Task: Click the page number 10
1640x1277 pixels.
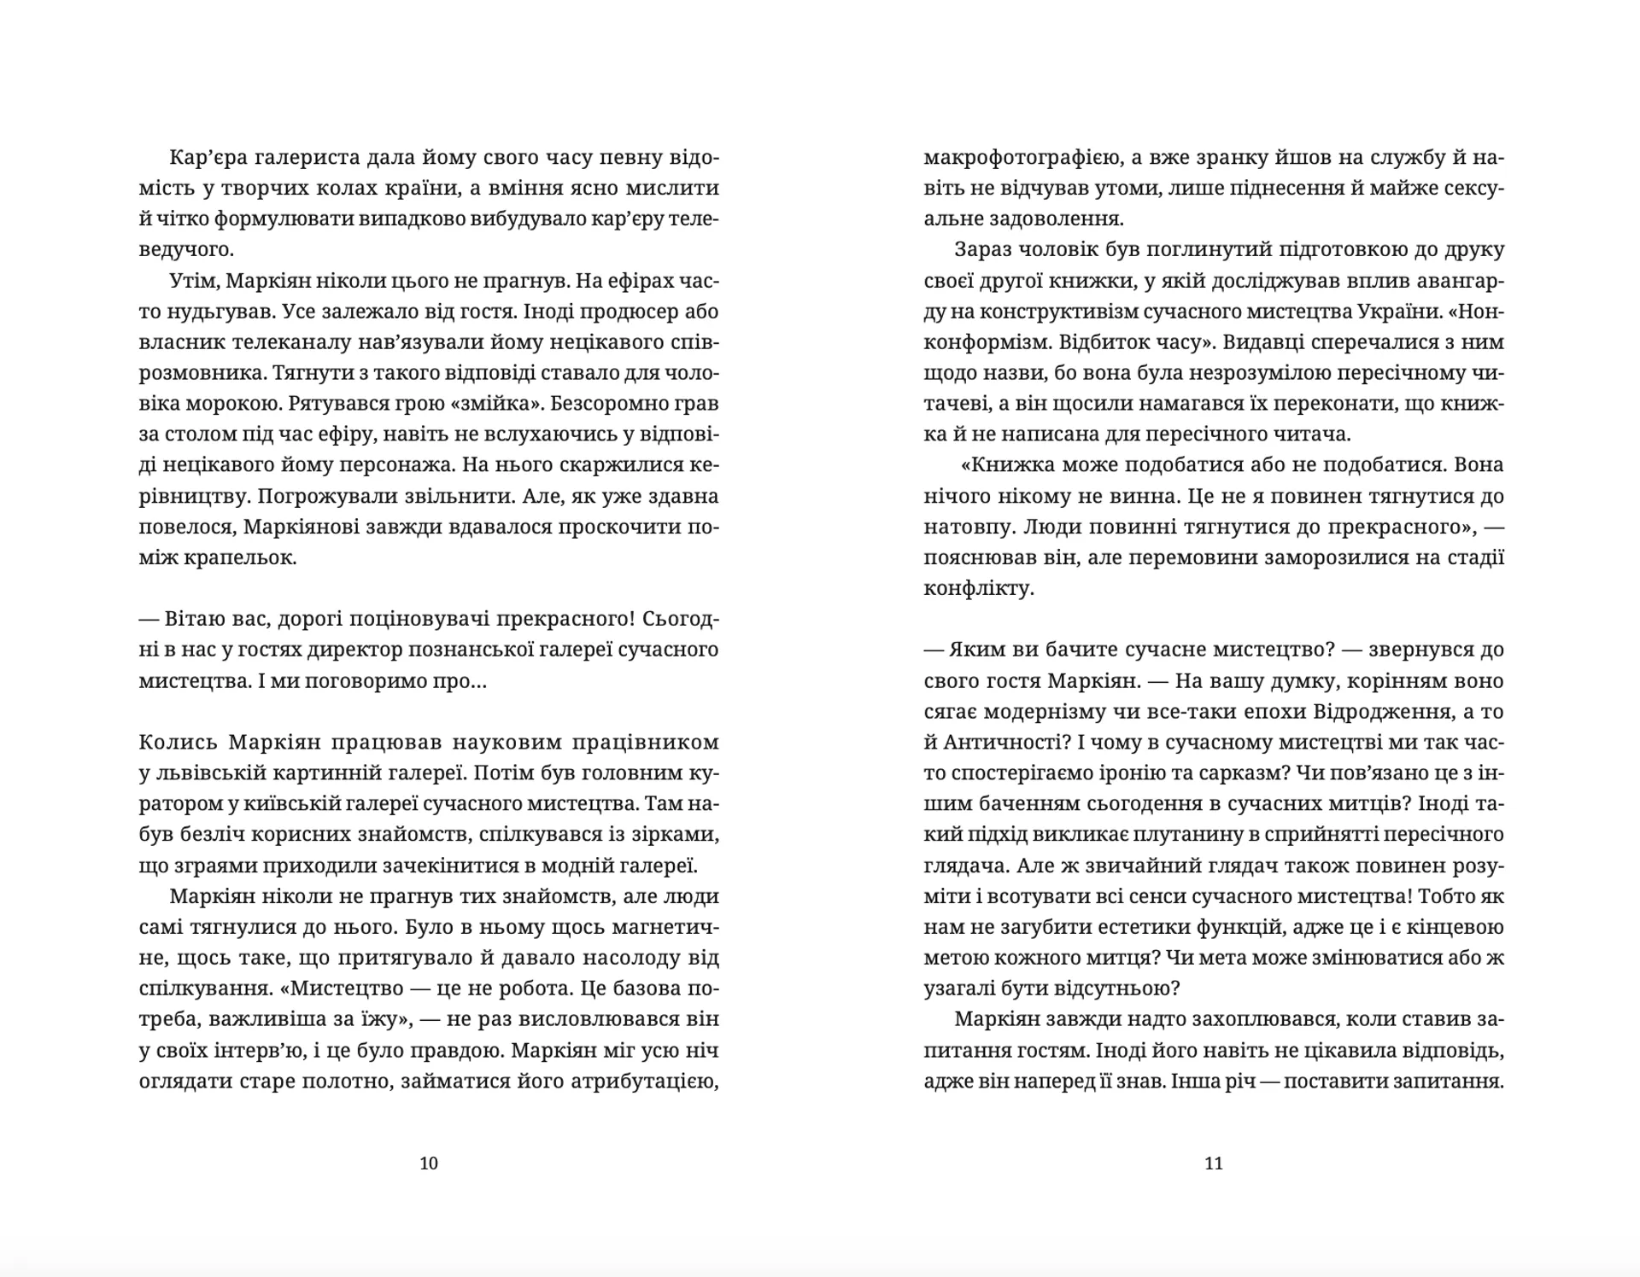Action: [429, 1163]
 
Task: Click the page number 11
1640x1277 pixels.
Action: [1213, 1163]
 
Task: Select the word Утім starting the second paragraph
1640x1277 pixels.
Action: [194, 280]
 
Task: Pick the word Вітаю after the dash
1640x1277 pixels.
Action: [196, 618]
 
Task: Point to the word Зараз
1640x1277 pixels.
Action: [984, 249]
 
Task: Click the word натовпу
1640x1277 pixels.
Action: [962, 527]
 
